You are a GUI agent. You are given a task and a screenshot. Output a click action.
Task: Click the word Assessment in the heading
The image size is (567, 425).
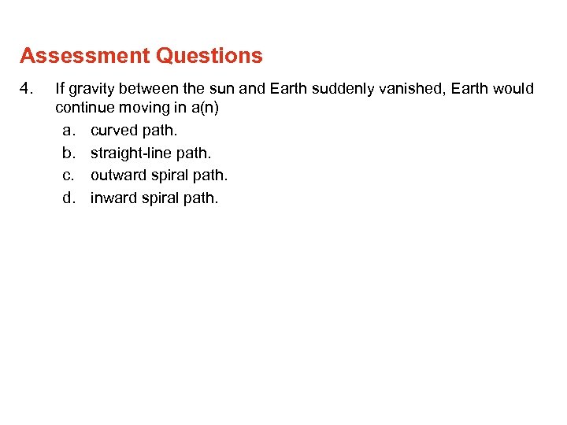tap(85, 57)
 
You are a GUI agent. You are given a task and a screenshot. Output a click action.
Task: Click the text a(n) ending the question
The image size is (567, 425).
tap(202, 108)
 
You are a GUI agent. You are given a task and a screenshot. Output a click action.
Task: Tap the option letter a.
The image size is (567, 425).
tap(69, 130)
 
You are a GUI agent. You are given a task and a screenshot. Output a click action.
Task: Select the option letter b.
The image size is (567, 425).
tap(69, 153)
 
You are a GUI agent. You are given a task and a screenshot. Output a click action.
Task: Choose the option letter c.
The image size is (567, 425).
tap(69, 175)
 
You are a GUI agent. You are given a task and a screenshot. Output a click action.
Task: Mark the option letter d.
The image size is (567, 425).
tap(69, 198)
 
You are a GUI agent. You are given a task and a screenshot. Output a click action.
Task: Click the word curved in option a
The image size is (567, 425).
tap(114, 130)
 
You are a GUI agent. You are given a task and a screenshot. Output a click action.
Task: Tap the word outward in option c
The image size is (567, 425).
tap(119, 175)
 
